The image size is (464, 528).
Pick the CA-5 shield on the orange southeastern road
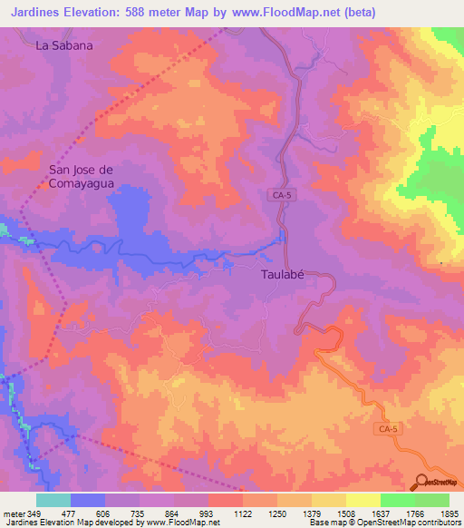388,425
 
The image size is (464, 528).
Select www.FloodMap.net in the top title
279,12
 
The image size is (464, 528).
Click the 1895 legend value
449,513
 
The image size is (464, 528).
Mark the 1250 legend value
277,513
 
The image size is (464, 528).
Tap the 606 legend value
105,513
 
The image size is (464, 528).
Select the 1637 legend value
381,513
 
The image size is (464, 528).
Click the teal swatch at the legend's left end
53,500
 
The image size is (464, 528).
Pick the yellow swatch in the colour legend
363,500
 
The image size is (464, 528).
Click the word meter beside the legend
13,513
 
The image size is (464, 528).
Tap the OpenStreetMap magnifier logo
423,482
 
